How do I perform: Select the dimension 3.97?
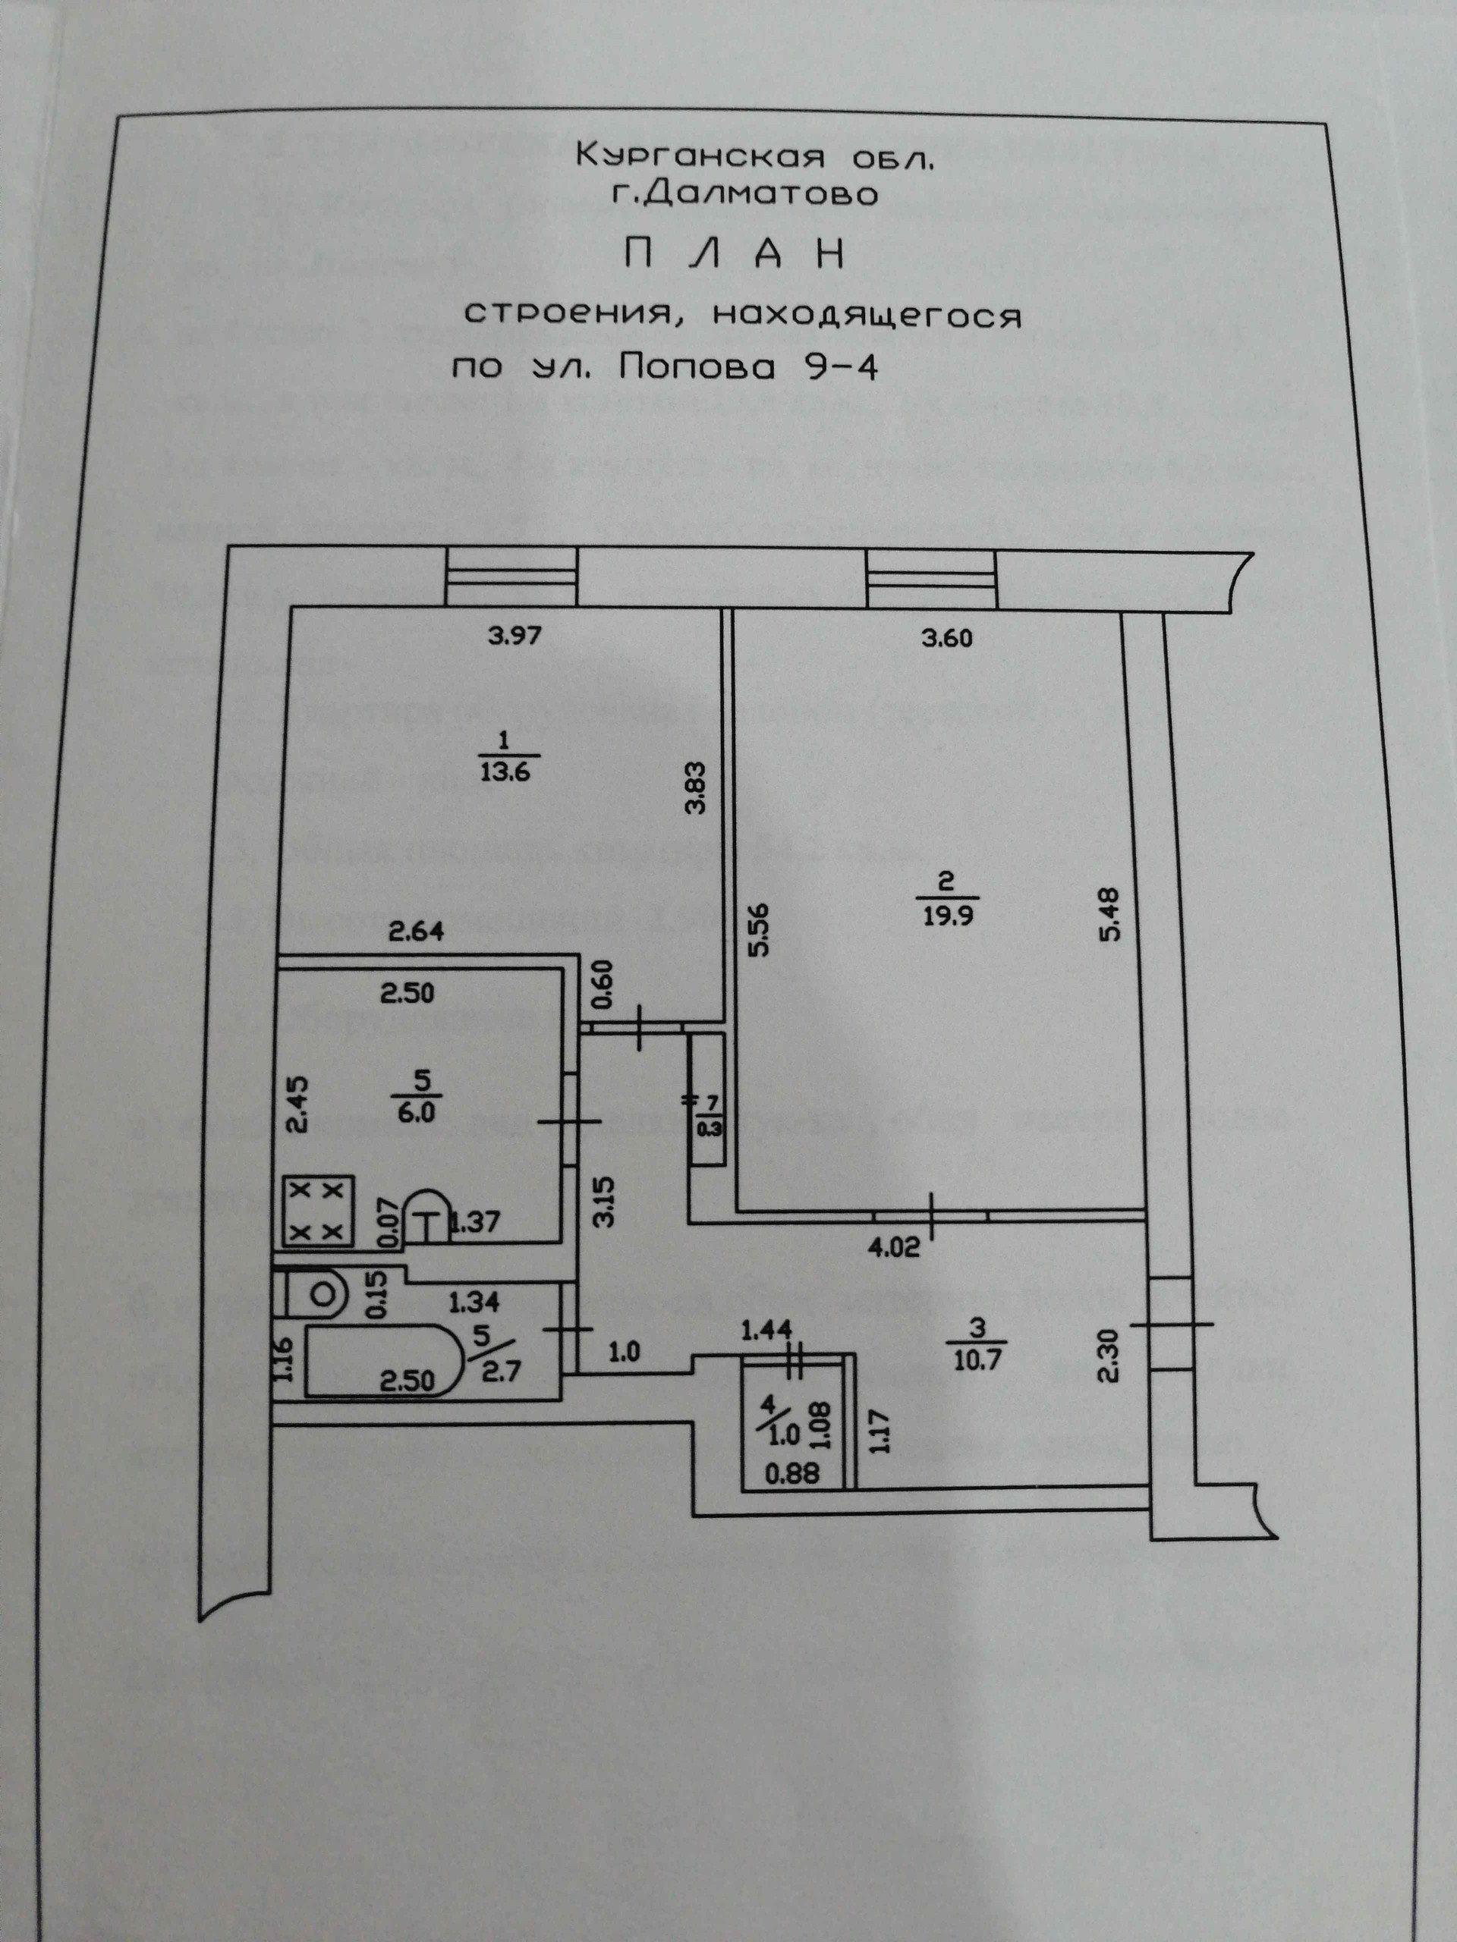pyautogui.click(x=515, y=636)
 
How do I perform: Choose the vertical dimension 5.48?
pyautogui.click(x=1112, y=916)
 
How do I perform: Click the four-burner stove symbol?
pyautogui.click(x=318, y=1211)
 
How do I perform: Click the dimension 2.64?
pyautogui.click(x=417, y=931)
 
